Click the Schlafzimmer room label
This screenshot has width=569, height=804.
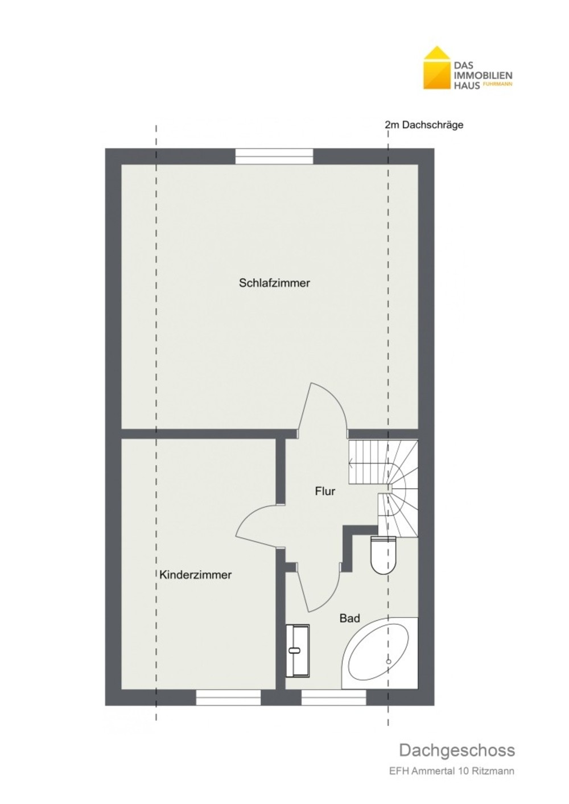click(274, 283)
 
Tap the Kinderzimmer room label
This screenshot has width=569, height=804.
click(195, 575)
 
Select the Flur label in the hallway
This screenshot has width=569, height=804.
click(325, 491)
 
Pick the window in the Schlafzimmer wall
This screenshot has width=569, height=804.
click(274, 156)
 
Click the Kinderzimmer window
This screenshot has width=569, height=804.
click(228, 698)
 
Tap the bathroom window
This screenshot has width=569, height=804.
click(333, 698)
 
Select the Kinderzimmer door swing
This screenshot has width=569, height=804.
click(258, 526)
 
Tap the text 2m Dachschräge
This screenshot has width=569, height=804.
click(423, 125)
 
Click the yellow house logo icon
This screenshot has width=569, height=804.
click(436, 68)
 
